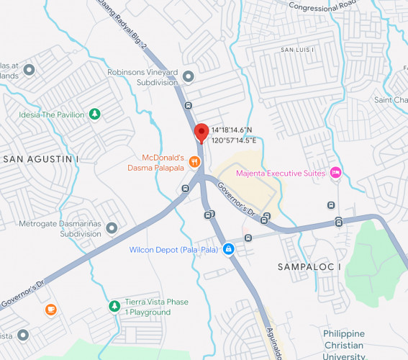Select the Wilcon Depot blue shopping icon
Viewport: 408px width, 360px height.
click(x=228, y=249)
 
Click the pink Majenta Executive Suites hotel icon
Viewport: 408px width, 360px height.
click(x=335, y=172)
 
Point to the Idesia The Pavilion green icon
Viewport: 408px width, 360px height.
click(x=94, y=114)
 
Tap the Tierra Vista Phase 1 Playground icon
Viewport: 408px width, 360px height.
click(x=114, y=307)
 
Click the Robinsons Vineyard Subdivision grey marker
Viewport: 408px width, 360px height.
click(x=189, y=76)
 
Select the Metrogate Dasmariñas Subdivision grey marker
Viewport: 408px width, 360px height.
click(x=111, y=229)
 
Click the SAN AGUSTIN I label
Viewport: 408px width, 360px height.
click(x=40, y=158)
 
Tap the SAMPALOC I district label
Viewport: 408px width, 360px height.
click(x=309, y=267)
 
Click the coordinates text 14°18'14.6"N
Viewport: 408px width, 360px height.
click(x=231, y=130)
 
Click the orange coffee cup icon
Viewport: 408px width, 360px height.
click(x=50, y=310)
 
